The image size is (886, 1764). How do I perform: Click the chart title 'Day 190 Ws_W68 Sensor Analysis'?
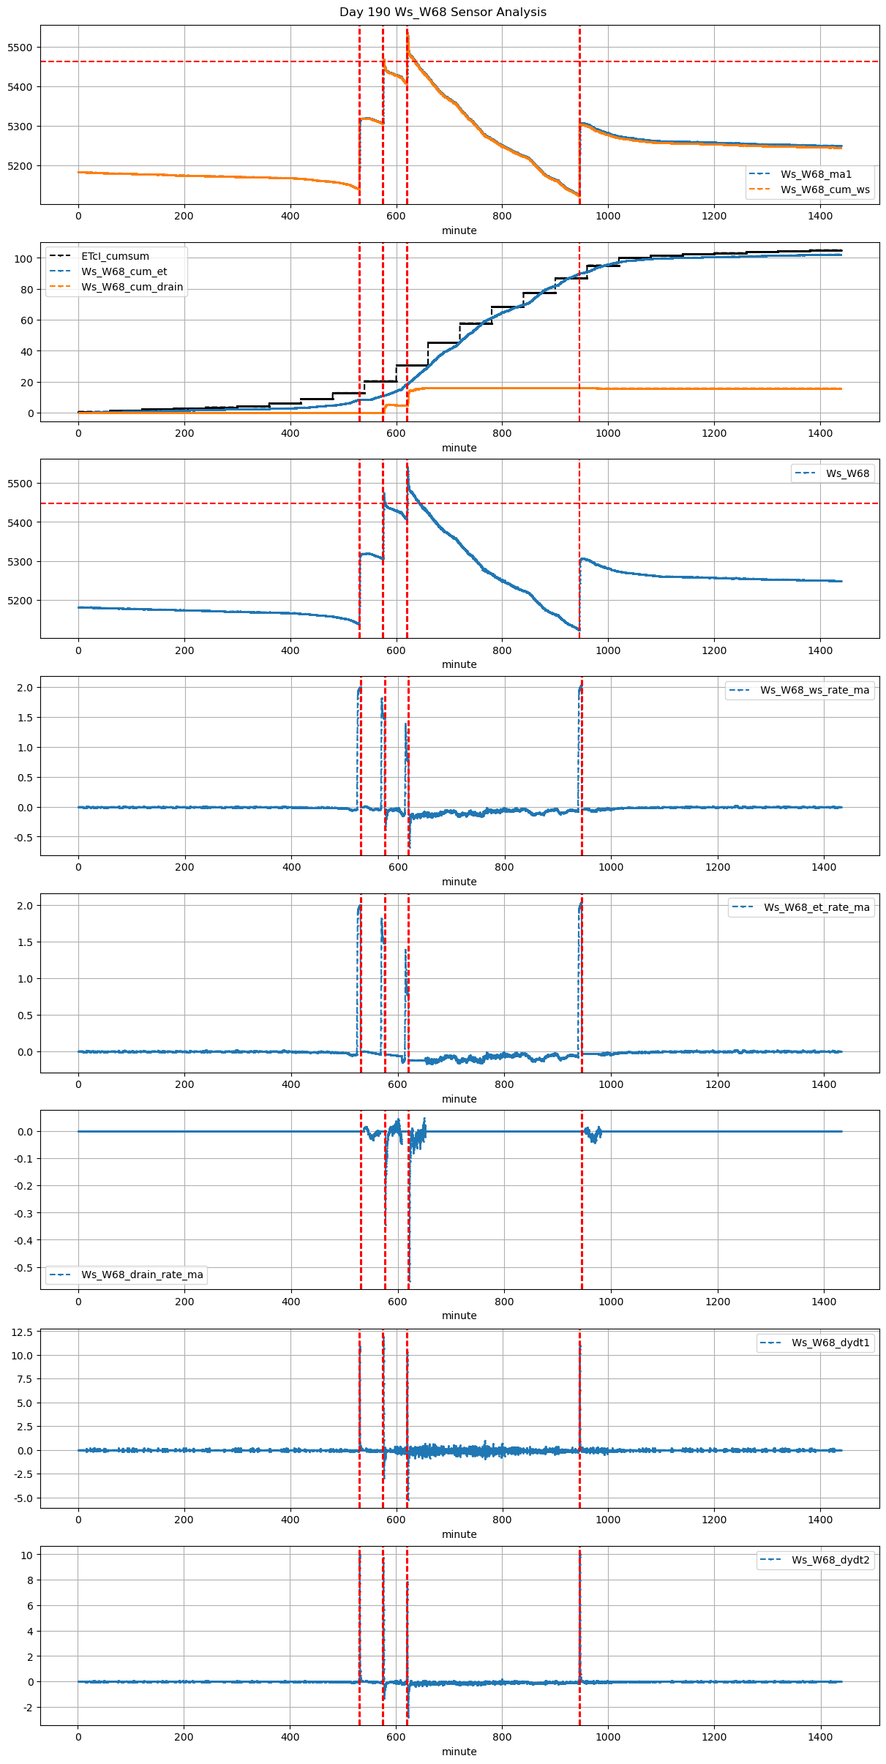coord(443,12)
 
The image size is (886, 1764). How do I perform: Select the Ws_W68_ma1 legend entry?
coord(816,174)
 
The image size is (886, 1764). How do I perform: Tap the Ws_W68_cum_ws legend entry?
coord(825,189)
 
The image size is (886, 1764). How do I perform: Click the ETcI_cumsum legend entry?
coord(115,256)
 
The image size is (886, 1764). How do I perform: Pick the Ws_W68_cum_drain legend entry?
coord(132,287)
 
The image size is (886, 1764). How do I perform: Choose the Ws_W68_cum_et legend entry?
coord(124,271)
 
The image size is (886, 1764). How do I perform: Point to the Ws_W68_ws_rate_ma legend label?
coord(814,690)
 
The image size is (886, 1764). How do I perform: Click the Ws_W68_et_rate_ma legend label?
coord(816,907)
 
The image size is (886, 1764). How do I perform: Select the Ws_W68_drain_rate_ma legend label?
coord(142,1275)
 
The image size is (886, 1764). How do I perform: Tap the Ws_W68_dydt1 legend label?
coord(830,1343)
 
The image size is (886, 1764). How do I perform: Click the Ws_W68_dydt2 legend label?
coord(830,1560)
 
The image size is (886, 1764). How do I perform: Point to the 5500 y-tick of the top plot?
coord(20,48)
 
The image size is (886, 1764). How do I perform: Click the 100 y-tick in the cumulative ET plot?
coord(24,259)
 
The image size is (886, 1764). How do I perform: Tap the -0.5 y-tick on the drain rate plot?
coord(23,1268)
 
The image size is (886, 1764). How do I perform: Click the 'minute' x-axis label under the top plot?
coord(459,230)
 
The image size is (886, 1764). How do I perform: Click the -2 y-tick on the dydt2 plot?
coord(27,1708)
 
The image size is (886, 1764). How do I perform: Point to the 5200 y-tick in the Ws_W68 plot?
coord(20,601)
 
